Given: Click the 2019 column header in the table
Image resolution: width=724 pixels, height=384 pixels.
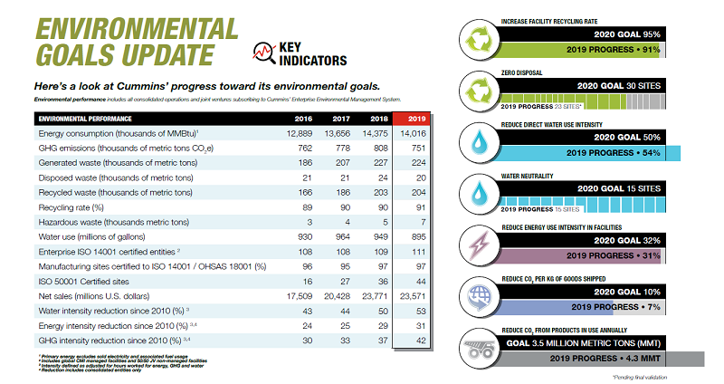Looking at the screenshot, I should tap(415, 119).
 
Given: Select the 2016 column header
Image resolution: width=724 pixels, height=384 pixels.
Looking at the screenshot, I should tap(305, 119).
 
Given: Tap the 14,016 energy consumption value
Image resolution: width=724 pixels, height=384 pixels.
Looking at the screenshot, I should tap(412, 133).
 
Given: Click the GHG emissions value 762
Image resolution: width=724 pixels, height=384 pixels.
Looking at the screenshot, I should tap(305, 148).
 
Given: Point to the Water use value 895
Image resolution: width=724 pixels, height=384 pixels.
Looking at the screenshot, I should tap(415, 235).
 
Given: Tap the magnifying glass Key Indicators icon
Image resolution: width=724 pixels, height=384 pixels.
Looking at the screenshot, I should tap(264, 53).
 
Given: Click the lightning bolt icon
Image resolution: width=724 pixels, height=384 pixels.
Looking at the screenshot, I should tap(475, 243).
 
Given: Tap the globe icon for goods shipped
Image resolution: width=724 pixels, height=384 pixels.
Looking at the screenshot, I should tap(475, 296).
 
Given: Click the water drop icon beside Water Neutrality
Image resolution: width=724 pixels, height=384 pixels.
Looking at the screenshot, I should tap(475, 192).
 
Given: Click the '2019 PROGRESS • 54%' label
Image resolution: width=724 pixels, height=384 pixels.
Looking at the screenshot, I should tap(615, 151).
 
